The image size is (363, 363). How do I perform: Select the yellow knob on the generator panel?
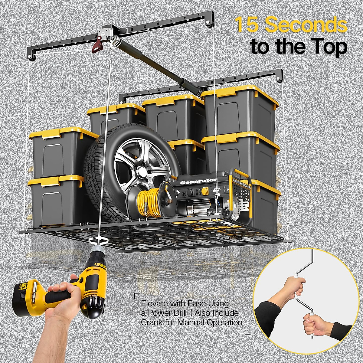tap(205, 191)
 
